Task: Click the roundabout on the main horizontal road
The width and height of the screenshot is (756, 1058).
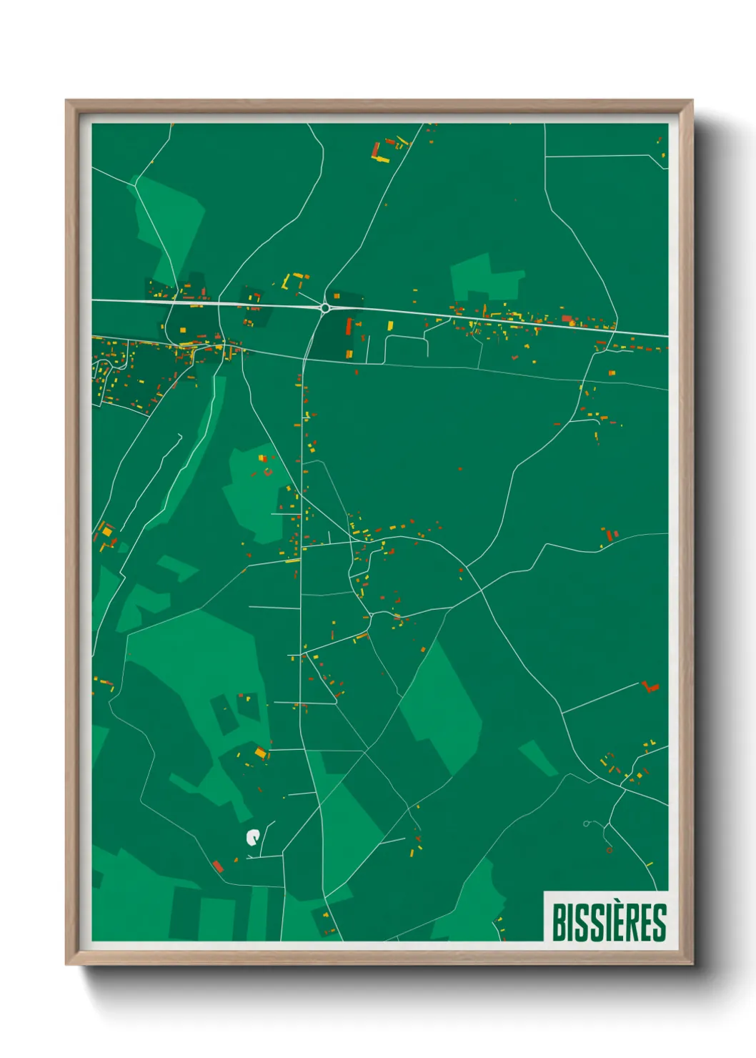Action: [325, 307]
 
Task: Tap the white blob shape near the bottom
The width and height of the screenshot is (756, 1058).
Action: [252, 837]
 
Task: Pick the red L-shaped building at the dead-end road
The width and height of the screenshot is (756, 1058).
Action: [650, 687]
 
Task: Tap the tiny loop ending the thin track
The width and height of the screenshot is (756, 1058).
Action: [586, 824]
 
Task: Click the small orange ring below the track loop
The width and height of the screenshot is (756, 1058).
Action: [609, 850]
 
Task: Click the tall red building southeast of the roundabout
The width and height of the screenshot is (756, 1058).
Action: [349, 327]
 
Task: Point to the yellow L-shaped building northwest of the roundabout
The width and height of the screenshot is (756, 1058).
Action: [287, 281]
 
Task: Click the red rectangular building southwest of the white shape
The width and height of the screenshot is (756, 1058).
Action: [218, 866]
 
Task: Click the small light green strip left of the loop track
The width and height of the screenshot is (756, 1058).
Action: [538, 758]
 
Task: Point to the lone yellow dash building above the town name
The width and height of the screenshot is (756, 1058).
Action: [650, 864]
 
